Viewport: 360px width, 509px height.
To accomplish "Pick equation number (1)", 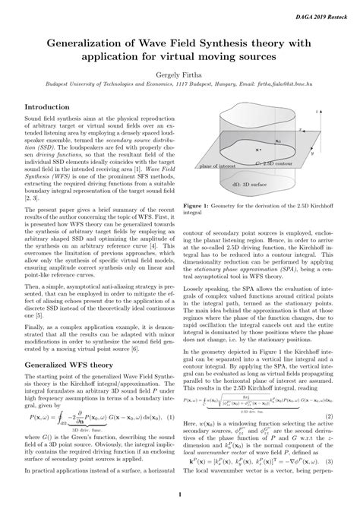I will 172,417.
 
